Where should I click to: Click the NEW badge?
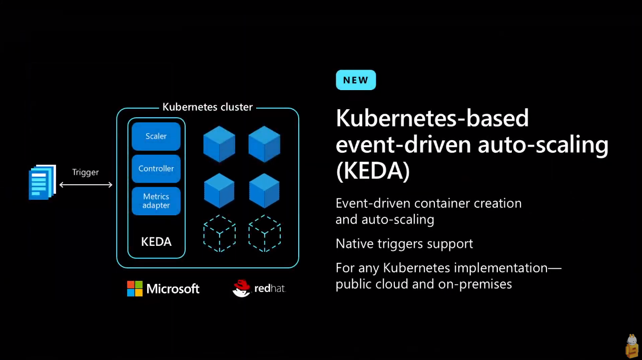pos(355,80)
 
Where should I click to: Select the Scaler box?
pos(156,136)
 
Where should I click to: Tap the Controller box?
pos(156,169)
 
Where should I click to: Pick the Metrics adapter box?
pos(156,201)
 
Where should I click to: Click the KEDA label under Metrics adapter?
pos(156,242)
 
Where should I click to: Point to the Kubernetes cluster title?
pos(208,107)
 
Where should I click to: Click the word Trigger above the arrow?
pos(86,172)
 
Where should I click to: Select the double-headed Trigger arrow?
pos(86,185)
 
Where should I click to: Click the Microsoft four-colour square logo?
pos(135,288)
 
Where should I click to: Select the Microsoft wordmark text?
pos(173,289)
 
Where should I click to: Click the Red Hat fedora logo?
pos(241,288)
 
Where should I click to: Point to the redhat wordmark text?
pos(270,289)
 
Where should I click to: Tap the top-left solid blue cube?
pos(219,144)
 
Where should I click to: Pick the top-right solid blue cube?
pos(264,144)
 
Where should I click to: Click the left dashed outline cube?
pos(219,233)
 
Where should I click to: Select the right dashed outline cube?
pos(264,233)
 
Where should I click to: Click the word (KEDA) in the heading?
pos(373,171)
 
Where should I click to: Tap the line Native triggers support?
pos(404,244)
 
